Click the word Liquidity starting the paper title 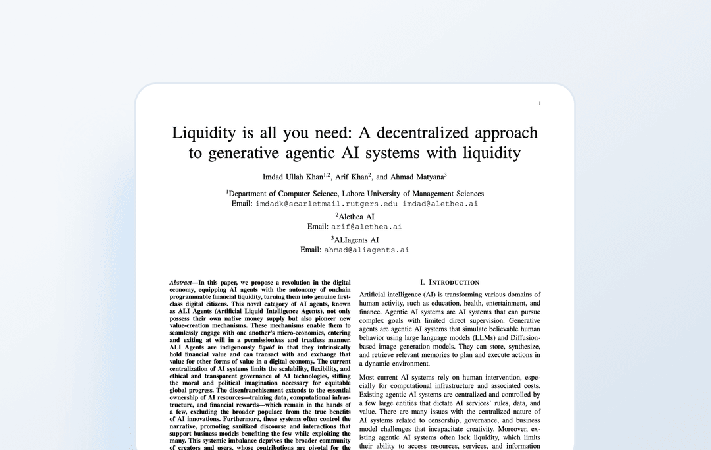pos(203,132)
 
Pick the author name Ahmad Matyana pos(417,177)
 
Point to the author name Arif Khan pos(351,177)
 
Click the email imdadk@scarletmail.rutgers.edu pos(327,204)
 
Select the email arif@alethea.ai pos(366,227)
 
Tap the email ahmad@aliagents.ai pos(366,250)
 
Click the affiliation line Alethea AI pos(356,217)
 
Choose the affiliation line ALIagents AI pos(356,240)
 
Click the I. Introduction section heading pos(450,282)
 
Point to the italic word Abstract pos(180,282)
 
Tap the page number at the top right pos(539,103)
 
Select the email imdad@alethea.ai pos(440,204)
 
